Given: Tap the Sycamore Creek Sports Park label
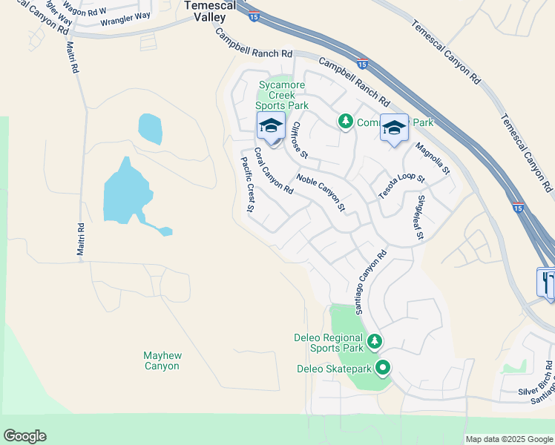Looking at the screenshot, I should point(283,96).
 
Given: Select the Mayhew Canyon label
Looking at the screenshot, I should point(162,361).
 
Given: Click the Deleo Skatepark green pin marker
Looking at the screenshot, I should point(383,366).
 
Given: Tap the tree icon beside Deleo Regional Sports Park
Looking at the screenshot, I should point(375,341).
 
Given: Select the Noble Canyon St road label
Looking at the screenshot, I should point(321,191).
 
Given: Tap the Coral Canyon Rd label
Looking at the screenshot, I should point(273,171).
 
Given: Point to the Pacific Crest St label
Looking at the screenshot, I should point(248,183).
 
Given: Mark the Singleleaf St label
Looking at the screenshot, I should point(420,217).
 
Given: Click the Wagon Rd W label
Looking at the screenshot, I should point(88,11).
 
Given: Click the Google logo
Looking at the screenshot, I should point(24,436).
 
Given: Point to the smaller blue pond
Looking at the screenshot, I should point(150,128).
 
